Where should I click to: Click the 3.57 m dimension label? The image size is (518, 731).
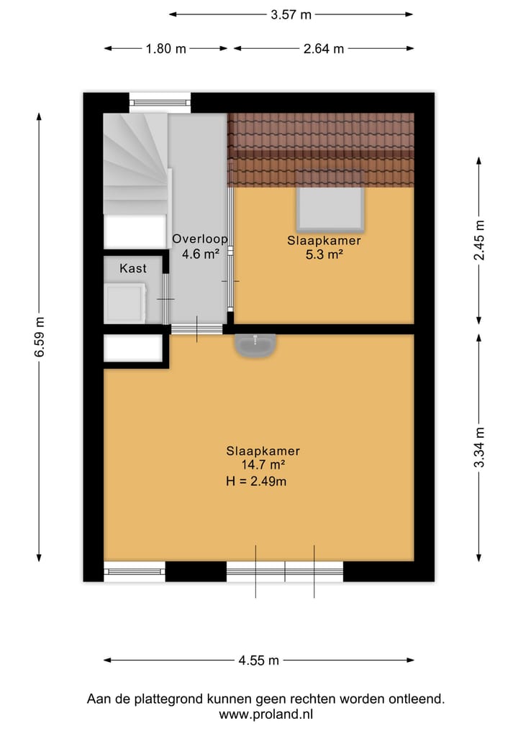(x=291, y=14)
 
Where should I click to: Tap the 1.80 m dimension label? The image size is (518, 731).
(x=165, y=49)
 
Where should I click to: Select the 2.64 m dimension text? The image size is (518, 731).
(x=323, y=49)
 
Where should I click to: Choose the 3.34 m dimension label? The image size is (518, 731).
(x=479, y=447)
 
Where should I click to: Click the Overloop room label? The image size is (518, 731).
(x=199, y=240)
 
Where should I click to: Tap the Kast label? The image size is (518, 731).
(x=133, y=268)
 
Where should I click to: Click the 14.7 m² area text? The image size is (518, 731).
(x=263, y=466)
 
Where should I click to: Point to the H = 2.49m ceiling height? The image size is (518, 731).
(x=256, y=482)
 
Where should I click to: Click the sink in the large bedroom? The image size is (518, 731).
(x=253, y=346)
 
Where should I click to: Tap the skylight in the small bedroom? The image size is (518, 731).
(x=330, y=209)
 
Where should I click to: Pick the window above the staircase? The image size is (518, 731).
(x=160, y=103)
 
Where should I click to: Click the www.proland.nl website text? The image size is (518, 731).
(x=266, y=714)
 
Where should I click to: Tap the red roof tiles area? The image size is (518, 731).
(x=321, y=150)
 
